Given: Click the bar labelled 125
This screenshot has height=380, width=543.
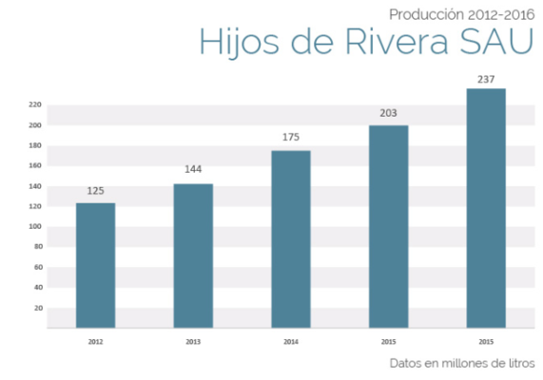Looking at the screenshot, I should [x=95, y=265].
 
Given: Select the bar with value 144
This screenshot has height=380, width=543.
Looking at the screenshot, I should [x=193, y=256].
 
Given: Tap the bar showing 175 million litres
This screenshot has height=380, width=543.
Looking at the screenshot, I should [x=291, y=238].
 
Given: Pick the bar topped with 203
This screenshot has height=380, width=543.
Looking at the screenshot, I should [x=388, y=226].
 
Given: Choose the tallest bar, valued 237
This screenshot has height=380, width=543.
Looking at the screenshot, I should [x=486, y=208].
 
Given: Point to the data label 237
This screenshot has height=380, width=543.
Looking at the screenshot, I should [x=486, y=79].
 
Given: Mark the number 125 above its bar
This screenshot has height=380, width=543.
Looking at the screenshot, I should [x=95, y=191].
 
